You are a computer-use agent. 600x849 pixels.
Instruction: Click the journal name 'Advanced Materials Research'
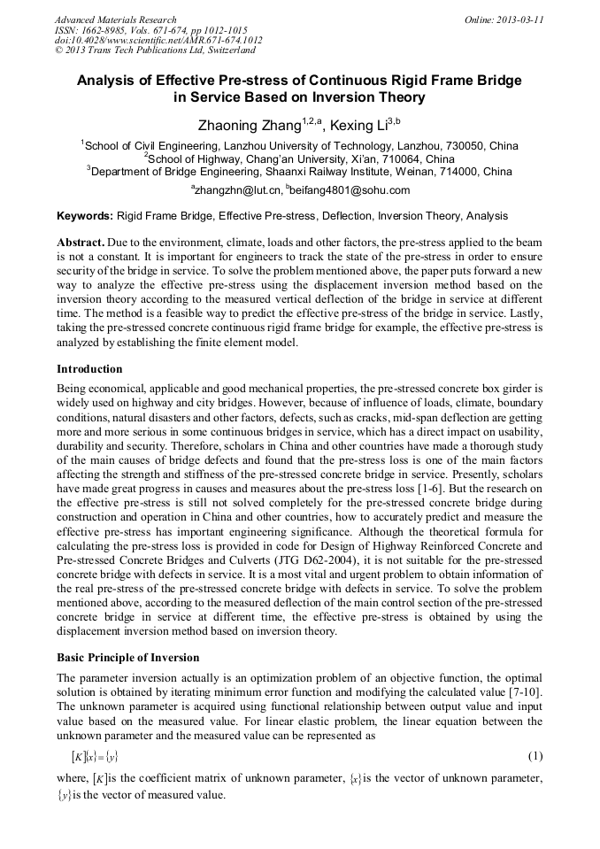[x=116, y=19]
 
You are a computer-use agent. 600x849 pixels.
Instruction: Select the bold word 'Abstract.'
[x=81, y=242]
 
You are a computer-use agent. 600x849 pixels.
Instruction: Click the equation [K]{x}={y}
[x=95, y=756]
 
